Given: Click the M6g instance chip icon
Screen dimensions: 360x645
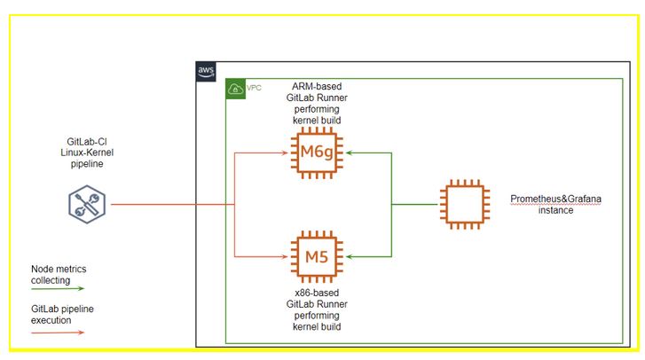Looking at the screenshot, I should tap(317, 153).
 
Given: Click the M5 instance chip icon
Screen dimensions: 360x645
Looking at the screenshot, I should tap(317, 256).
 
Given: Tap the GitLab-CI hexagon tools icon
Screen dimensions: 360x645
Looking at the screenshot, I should tap(86, 205).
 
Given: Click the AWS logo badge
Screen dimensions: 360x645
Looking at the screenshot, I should tap(206, 72).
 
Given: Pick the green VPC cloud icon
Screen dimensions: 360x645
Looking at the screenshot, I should tap(236, 90).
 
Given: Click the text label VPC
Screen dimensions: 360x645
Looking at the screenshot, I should tap(255, 89).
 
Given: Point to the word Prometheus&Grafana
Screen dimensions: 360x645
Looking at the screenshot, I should tap(556, 200).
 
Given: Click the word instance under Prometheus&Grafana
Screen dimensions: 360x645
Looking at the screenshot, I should tap(555, 211).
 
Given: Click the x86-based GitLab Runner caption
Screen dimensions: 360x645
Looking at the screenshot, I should tap(317, 309).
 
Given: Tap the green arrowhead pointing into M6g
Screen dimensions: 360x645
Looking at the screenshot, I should tap(349, 153).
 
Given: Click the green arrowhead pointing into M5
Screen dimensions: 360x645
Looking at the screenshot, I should tap(349, 256).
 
